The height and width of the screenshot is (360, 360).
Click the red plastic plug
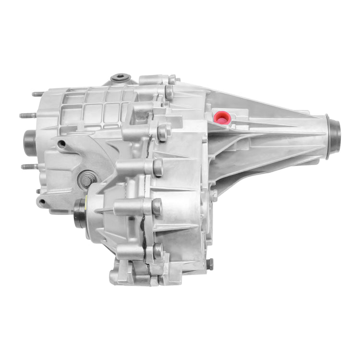222,117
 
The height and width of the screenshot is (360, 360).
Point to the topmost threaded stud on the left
37,94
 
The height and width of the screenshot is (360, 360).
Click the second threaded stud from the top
27,115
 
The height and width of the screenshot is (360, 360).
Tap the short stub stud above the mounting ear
38,191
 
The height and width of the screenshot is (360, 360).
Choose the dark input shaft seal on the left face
29,143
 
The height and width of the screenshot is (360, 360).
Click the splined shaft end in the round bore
86,180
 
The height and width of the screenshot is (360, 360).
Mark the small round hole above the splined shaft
61,144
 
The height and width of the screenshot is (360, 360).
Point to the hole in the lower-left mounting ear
43,202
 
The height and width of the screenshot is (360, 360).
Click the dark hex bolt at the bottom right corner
210,264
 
